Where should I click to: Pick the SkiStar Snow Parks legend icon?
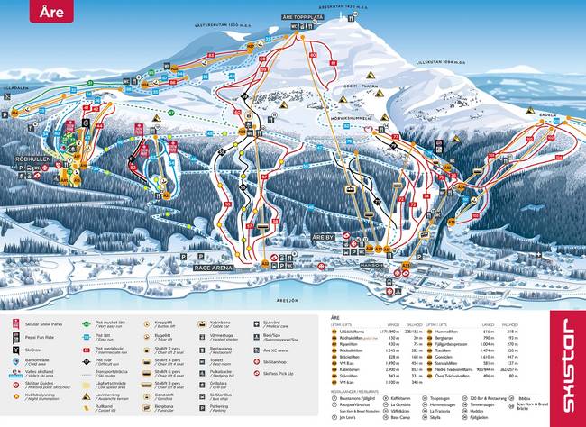(x=16, y=322)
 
